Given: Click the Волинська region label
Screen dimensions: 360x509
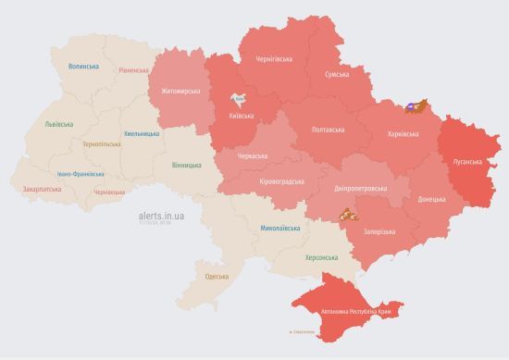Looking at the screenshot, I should (84, 67).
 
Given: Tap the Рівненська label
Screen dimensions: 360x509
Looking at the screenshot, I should (136, 70).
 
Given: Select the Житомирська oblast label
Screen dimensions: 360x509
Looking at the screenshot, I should (180, 91).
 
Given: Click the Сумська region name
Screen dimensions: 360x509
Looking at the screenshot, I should (337, 74).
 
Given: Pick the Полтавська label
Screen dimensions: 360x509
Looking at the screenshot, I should (329, 130).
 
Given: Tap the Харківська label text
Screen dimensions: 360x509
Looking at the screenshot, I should (402, 134).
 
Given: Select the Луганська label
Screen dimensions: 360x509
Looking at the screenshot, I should (467, 161).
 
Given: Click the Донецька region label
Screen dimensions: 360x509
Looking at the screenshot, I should (430, 199).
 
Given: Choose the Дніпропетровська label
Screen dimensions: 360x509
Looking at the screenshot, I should (360, 189).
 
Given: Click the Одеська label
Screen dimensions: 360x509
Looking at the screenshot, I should (217, 277).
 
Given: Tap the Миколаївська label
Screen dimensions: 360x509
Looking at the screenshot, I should (279, 227).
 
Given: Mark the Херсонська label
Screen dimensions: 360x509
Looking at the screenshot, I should (321, 257).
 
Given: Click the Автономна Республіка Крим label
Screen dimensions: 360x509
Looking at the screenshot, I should (356, 312).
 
